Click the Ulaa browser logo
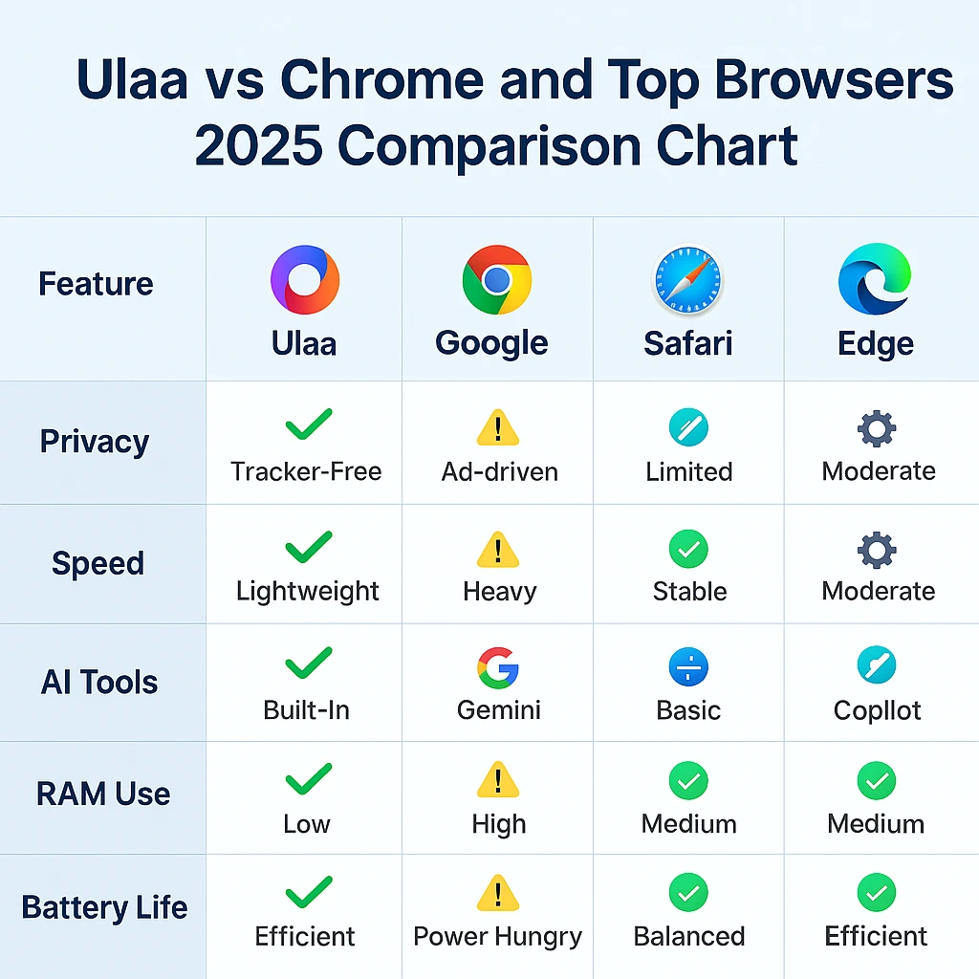[x=305, y=280]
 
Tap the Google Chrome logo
[x=496, y=280]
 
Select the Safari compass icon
[x=688, y=280]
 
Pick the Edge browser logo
[x=875, y=280]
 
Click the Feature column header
[x=96, y=284]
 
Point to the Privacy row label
[x=95, y=442]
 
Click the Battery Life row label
[x=104, y=906]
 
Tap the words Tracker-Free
[x=306, y=471]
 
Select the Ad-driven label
[x=499, y=471]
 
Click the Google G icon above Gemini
[x=497, y=667]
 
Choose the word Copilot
[x=877, y=710]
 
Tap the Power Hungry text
[x=497, y=936]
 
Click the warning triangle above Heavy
[x=497, y=551]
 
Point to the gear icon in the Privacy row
[x=877, y=429]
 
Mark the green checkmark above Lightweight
[x=308, y=548]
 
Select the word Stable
[x=689, y=591]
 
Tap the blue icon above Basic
[x=688, y=667]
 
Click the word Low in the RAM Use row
[x=306, y=824]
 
